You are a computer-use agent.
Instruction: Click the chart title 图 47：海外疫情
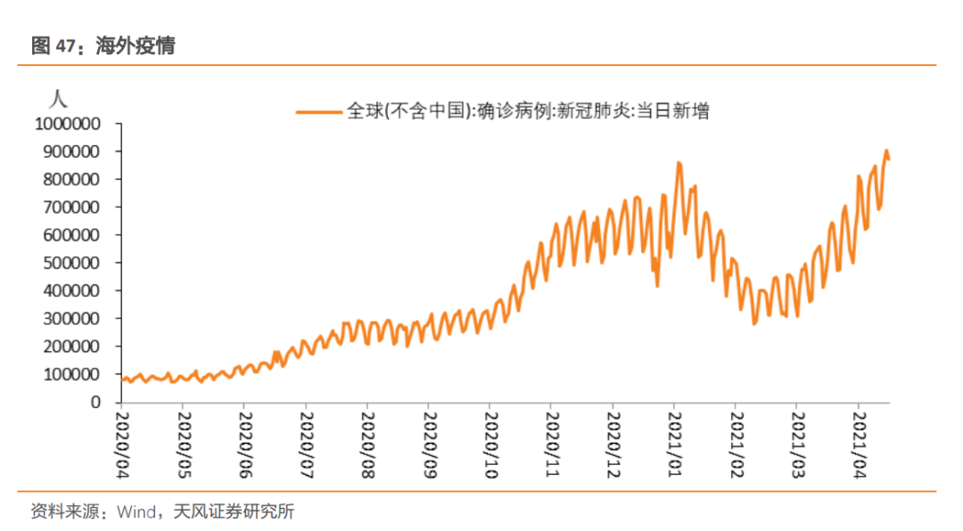103,45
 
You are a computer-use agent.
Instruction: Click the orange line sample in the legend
319,111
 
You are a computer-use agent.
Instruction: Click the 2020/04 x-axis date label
122,443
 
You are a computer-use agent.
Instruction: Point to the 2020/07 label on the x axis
306,443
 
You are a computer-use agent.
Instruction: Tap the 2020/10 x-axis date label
490,443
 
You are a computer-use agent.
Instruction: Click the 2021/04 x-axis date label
859,443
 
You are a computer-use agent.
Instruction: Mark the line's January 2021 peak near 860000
679,163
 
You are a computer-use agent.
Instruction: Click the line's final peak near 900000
886,151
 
